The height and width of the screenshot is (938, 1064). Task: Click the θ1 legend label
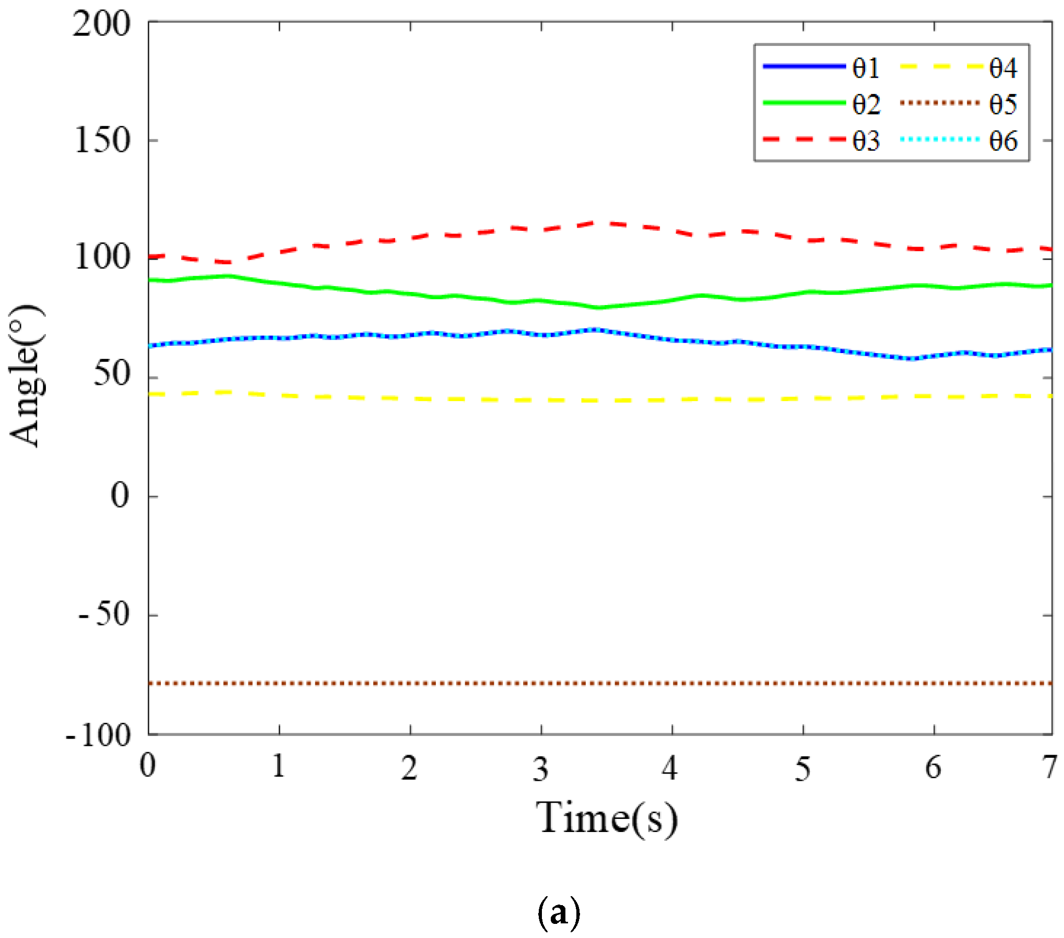click(x=866, y=68)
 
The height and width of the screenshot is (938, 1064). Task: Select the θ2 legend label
click(x=866, y=104)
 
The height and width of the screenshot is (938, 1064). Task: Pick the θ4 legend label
click(x=1002, y=68)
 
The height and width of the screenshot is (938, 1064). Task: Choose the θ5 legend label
click(x=1002, y=104)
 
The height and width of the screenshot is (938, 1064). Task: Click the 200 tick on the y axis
click(x=101, y=24)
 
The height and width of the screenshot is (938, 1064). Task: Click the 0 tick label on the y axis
click(x=120, y=495)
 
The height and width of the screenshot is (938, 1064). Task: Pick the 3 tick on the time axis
click(x=541, y=768)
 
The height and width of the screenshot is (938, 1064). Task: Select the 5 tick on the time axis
click(x=803, y=768)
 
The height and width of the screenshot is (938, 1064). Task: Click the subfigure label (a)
click(x=558, y=911)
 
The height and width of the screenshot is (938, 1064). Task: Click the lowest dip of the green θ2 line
click(x=599, y=308)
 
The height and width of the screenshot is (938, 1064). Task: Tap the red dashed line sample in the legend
click(x=804, y=139)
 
